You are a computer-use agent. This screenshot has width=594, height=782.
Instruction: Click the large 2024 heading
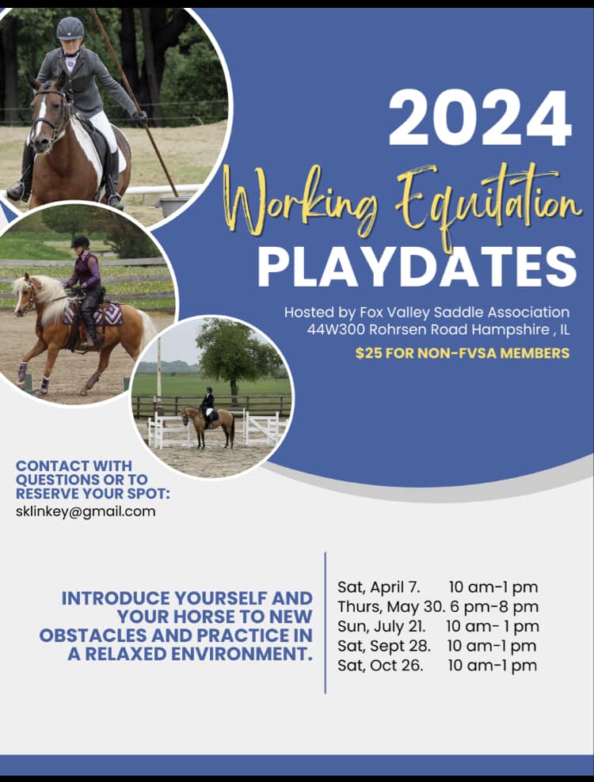click(x=480, y=119)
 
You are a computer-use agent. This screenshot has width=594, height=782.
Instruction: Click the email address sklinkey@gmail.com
click(x=86, y=511)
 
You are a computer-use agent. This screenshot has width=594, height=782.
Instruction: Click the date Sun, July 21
click(x=382, y=626)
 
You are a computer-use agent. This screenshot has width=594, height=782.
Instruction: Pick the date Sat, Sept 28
click(x=384, y=646)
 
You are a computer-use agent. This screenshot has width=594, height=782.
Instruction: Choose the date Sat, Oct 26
click(x=380, y=666)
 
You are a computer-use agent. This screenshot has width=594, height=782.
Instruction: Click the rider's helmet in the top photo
click(x=70, y=28)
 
